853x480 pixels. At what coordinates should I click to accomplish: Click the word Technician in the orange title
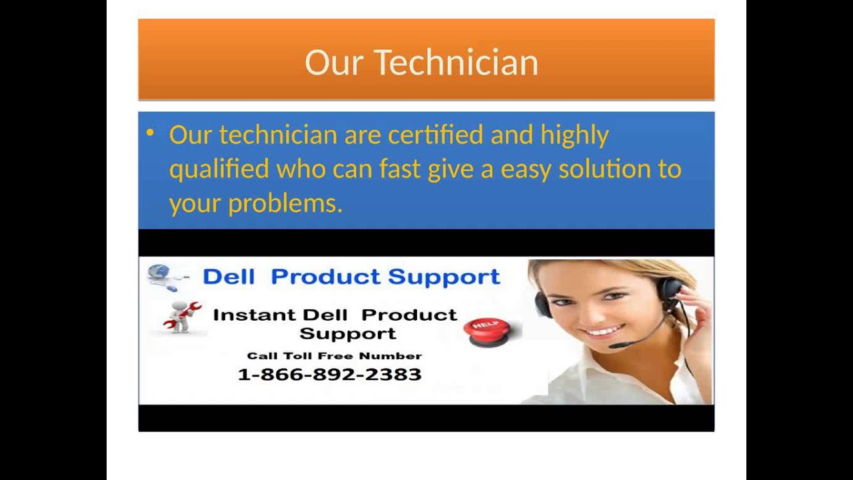[456, 63]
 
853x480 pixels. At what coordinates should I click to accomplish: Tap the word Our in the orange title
[333, 63]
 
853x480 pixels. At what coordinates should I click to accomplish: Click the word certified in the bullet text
[435, 135]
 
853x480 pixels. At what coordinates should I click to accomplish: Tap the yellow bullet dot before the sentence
[150, 133]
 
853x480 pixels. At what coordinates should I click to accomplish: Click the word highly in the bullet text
[574, 136]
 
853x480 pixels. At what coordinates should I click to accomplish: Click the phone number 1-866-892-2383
[329, 375]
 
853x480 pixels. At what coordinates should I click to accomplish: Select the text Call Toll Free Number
[334, 356]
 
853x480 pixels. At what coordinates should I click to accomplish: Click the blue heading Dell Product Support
[351, 277]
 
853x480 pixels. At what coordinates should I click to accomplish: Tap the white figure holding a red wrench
[181, 316]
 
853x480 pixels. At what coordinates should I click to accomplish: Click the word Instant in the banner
[254, 315]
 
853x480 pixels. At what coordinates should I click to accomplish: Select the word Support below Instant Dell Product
[347, 333]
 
